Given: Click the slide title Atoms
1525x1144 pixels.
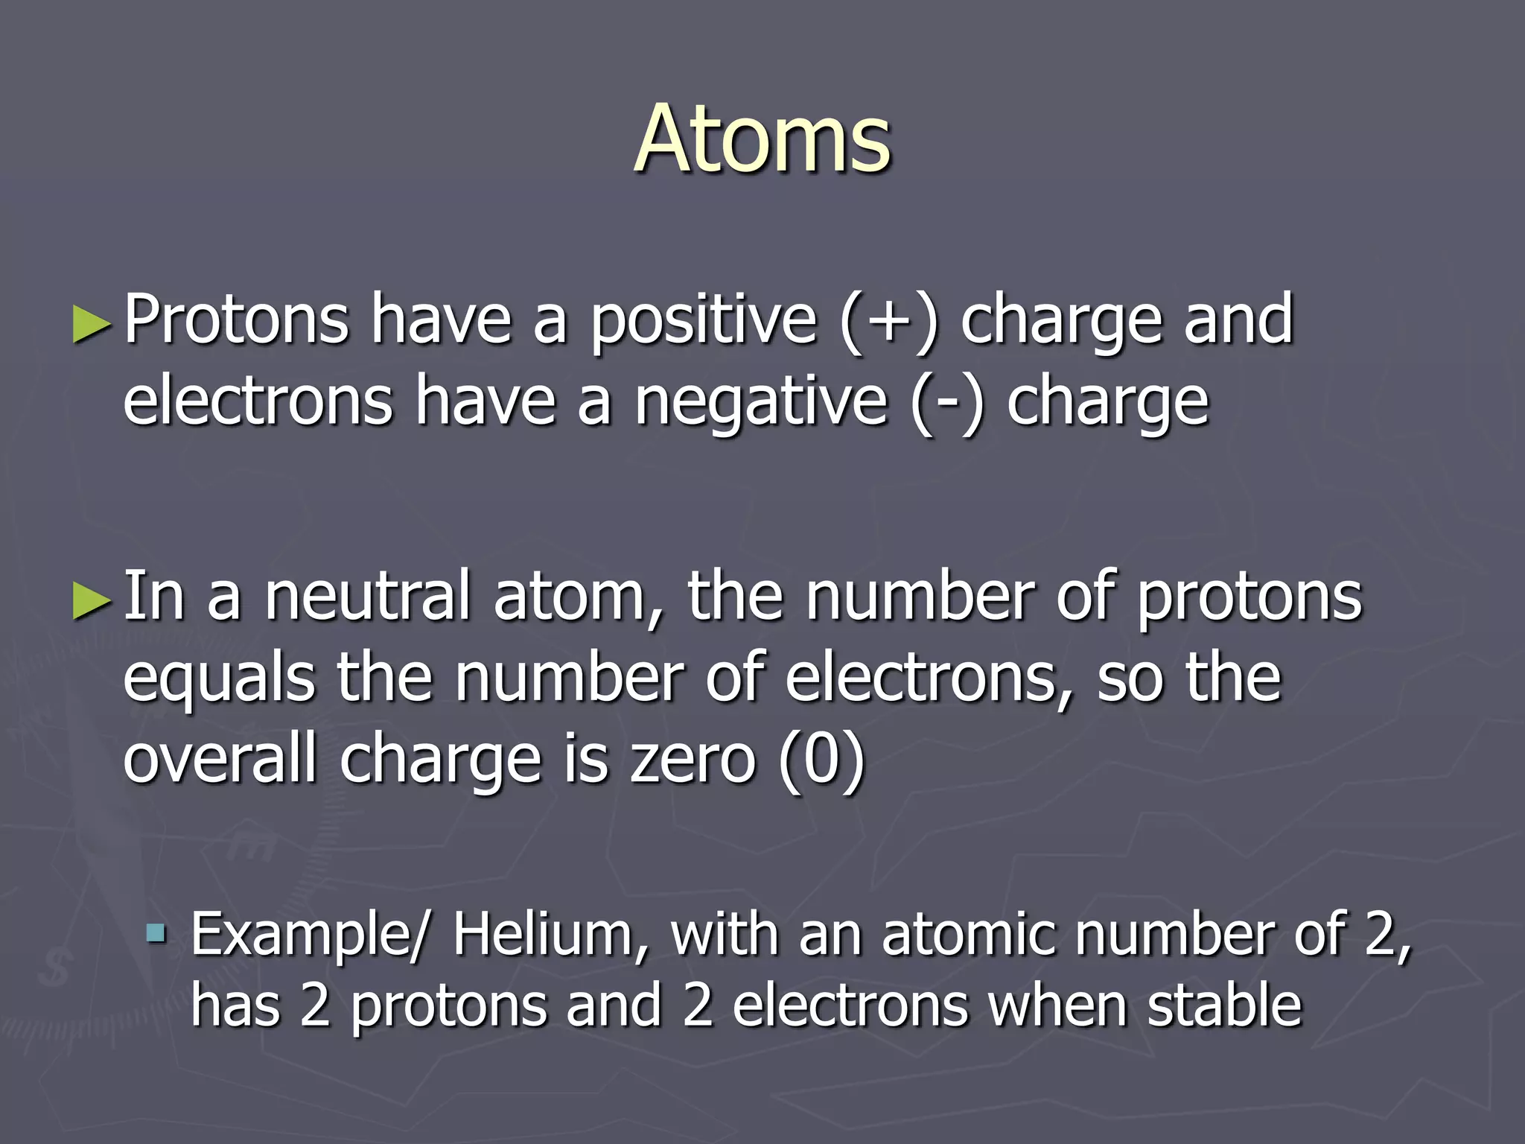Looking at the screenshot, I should (762, 140).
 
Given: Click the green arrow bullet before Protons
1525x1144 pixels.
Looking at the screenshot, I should (92, 325).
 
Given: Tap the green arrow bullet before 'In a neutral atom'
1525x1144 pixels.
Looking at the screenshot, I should (92, 600).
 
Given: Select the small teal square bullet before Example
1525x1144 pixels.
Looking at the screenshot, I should (156, 932).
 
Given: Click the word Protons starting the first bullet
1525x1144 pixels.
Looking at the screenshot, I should (236, 320).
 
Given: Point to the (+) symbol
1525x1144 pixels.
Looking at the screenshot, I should (889, 322).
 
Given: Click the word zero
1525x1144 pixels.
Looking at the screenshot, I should (693, 760).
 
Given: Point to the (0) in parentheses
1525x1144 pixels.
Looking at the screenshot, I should (821, 760).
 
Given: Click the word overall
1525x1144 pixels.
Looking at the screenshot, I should (220, 760).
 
